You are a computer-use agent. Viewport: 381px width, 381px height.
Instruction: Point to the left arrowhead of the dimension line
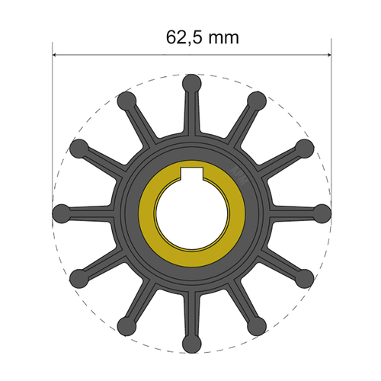56,54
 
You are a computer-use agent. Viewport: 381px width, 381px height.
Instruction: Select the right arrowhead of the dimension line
327,54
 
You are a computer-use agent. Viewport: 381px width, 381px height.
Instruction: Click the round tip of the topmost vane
191,82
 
